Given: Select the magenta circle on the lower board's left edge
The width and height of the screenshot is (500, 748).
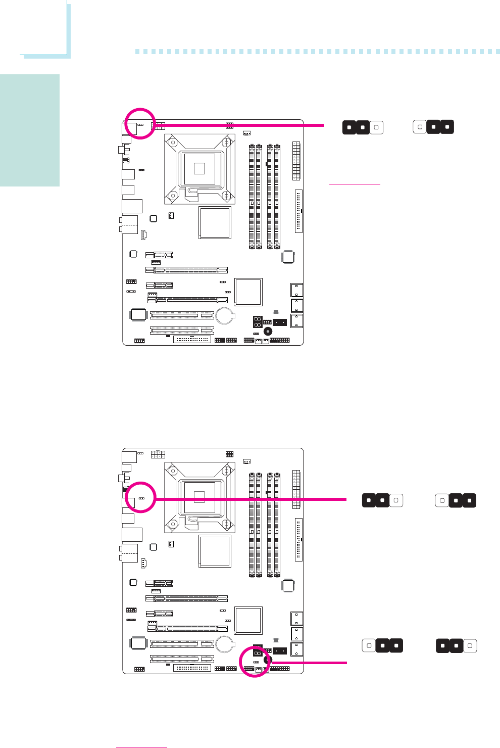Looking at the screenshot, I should pos(140,497).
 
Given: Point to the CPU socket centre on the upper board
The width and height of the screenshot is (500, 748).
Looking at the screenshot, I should pos(199,168).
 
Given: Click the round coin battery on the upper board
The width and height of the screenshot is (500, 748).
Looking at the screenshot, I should pos(225,316).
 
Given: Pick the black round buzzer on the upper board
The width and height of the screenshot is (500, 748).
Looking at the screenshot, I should pos(268,332).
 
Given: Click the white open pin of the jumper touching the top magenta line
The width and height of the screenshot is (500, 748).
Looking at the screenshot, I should pos(376,127).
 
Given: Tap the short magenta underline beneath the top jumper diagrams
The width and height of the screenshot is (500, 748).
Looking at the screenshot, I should pos(355,184).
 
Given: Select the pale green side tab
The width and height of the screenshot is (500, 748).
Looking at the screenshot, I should pos(30,130).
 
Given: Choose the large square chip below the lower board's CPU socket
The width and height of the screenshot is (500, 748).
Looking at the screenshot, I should pos(215,550).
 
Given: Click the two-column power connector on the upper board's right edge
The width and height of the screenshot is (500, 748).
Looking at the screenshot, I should pos(296,161).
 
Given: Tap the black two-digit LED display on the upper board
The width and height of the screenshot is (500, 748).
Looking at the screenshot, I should pos(258,322).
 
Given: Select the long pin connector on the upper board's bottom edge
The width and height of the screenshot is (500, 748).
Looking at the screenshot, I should pos(192,339).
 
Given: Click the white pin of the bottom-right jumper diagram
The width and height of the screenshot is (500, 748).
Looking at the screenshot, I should pos(470,646).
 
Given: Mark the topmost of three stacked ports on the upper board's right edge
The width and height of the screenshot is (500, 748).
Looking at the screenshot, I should pos(297,290).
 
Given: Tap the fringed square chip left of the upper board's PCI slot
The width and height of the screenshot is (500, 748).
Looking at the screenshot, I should pos(138,315).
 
